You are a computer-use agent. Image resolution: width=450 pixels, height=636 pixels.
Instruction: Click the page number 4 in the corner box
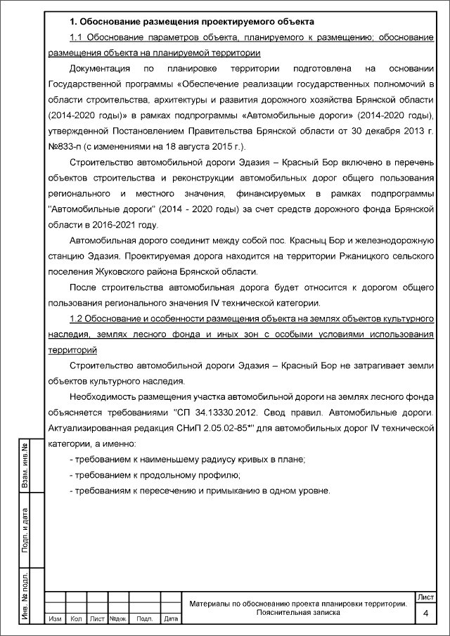pyautogui.click(x=425, y=614)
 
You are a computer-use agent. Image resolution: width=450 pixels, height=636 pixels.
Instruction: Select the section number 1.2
pyautogui.click(x=78, y=320)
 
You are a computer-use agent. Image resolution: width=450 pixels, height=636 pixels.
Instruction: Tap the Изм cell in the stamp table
pyautogui.click(x=54, y=619)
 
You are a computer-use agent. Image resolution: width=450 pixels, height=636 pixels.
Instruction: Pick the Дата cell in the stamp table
pyautogui.click(x=169, y=619)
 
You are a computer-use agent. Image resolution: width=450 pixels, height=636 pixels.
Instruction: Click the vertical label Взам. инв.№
pyautogui.click(x=25, y=466)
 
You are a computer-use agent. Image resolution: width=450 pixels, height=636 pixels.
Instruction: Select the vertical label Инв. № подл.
pyautogui.click(x=25, y=596)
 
